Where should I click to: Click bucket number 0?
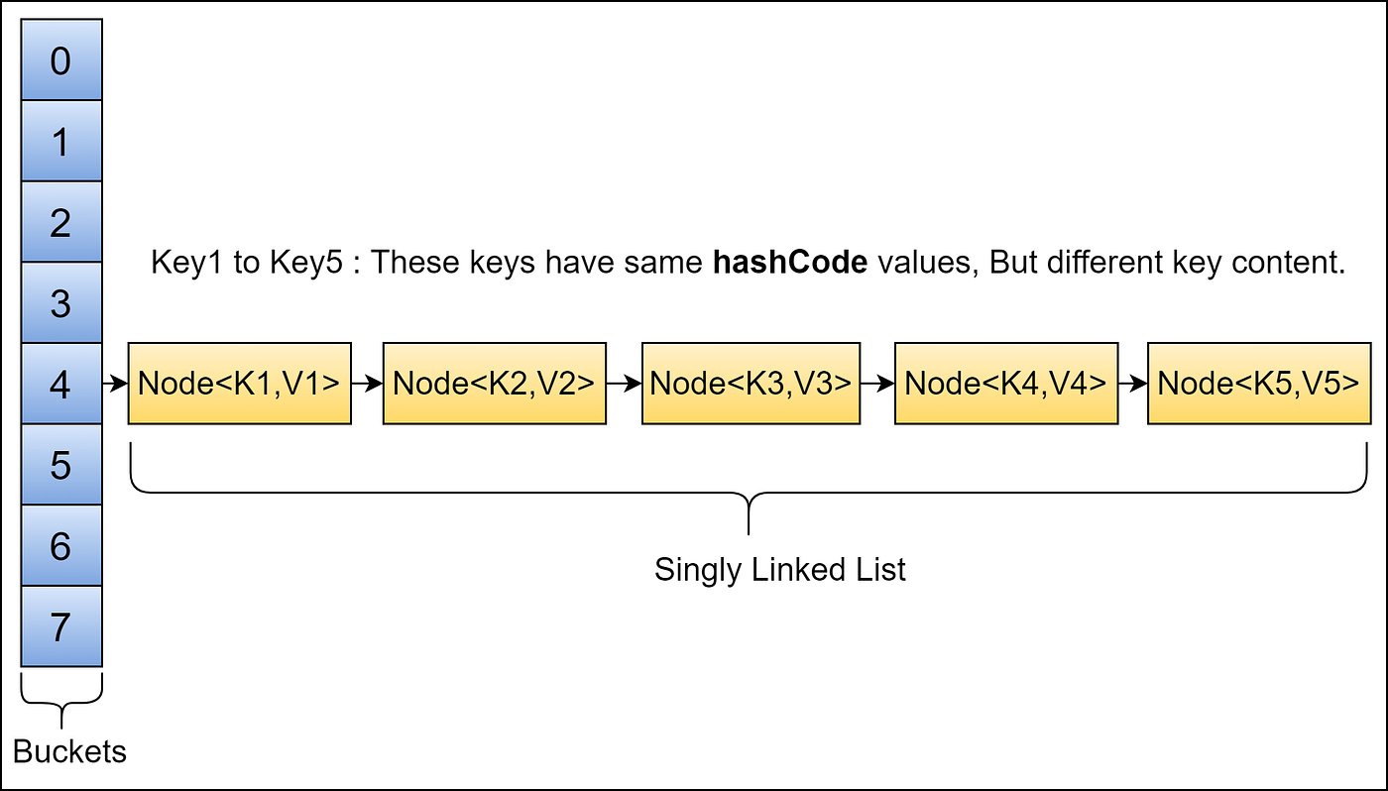point(61,60)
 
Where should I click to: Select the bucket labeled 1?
point(61,142)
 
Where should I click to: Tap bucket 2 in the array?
point(61,222)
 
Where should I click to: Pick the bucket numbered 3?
point(61,303)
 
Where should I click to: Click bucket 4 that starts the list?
point(61,385)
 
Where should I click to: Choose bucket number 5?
point(61,465)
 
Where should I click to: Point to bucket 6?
point(61,546)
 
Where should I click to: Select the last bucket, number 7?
point(61,626)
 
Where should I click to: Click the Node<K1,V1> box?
point(239,384)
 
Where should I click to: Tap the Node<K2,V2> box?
point(494,384)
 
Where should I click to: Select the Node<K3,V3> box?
point(751,384)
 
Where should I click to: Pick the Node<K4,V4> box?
point(1005,384)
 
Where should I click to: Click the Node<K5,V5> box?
point(1259,384)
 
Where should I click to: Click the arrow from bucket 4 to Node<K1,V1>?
point(115,384)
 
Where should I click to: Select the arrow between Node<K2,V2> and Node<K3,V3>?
point(624,384)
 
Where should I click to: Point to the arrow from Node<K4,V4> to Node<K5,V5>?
point(1132,384)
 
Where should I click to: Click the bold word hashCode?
point(790,263)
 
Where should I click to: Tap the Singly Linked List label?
point(780,570)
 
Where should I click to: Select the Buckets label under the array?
point(70,751)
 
